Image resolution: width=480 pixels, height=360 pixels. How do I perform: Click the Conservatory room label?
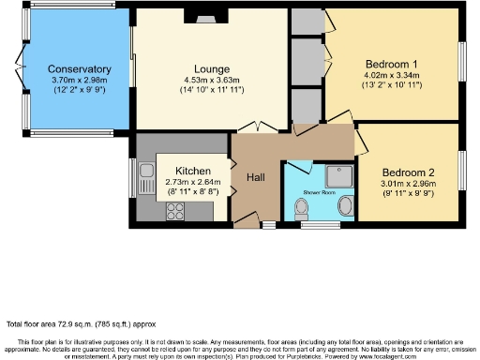click(x=80, y=69)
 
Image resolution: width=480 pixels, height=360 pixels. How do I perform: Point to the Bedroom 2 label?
click(x=408, y=172)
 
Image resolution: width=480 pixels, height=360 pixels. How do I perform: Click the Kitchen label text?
click(x=192, y=172)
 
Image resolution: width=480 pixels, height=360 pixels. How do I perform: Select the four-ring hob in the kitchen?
click(x=174, y=212)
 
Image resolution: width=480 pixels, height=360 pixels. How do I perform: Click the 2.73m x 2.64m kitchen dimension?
click(x=192, y=183)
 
